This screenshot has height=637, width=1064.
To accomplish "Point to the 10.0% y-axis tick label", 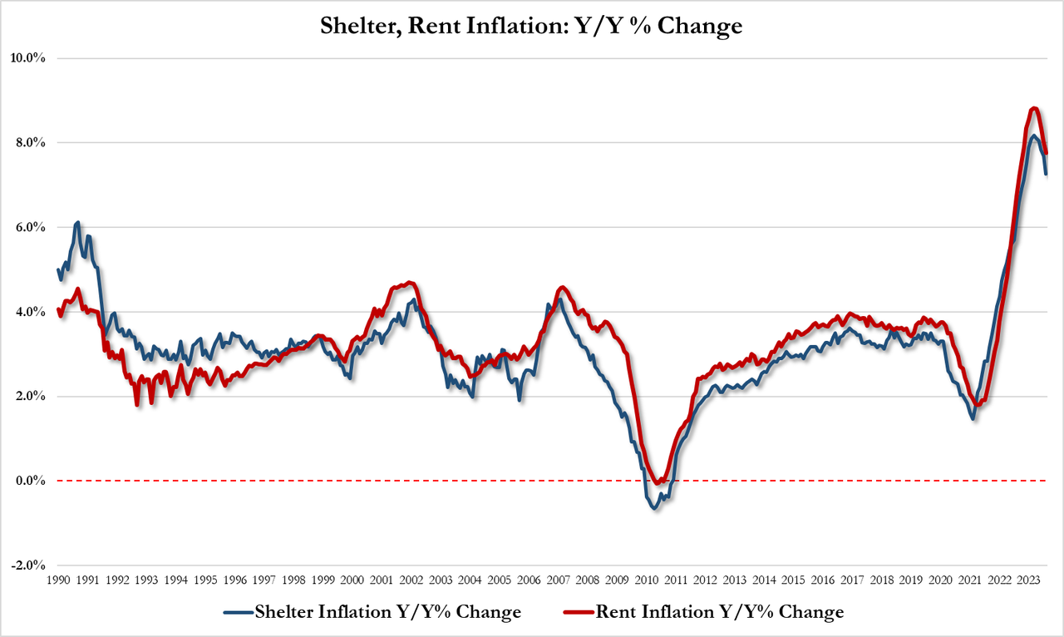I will click(27, 58).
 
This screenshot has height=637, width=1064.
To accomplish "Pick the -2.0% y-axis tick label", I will click(27, 565).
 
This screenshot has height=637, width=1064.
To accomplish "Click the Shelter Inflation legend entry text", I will click(388, 613).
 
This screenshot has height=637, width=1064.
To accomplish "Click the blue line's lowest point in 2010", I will click(654, 507).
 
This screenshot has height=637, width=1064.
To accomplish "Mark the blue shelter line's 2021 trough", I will click(973, 418).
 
